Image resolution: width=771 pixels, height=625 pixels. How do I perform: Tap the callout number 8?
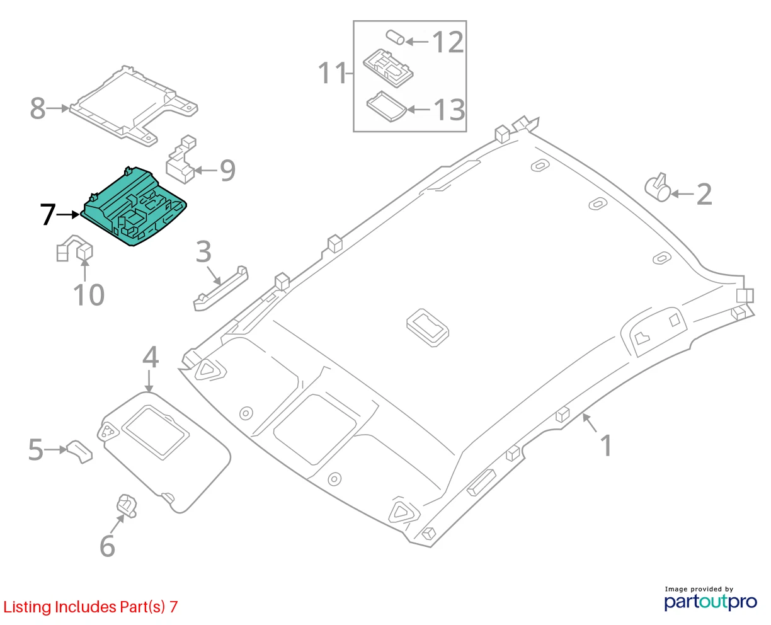(38, 108)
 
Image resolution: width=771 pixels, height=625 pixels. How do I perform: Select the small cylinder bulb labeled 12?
(395, 37)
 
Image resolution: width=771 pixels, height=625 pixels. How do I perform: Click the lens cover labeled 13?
(386, 106)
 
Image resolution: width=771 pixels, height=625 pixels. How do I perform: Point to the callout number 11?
(333, 74)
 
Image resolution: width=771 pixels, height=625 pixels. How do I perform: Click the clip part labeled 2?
(658, 188)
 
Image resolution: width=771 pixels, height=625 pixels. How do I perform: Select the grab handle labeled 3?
(221, 288)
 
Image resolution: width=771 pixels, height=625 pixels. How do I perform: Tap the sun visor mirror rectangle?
(156, 433)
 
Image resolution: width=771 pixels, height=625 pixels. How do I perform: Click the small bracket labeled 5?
(79, 451)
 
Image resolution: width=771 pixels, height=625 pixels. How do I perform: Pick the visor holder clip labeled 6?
(127, 505)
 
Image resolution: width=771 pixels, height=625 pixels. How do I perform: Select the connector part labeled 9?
(181, 161)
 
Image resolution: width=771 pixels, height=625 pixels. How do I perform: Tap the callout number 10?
(89, 295)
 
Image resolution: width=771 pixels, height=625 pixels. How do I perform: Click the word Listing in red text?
(28, 607)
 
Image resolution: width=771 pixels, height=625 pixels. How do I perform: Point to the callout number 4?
(150, 357)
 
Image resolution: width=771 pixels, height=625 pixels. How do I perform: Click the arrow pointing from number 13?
(418, 109)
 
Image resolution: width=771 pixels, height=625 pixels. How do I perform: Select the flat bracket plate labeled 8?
(134, 105)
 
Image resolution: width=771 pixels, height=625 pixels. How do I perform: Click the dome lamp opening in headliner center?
(428, 328)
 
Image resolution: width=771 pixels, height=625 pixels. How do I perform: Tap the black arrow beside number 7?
(68, 215)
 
